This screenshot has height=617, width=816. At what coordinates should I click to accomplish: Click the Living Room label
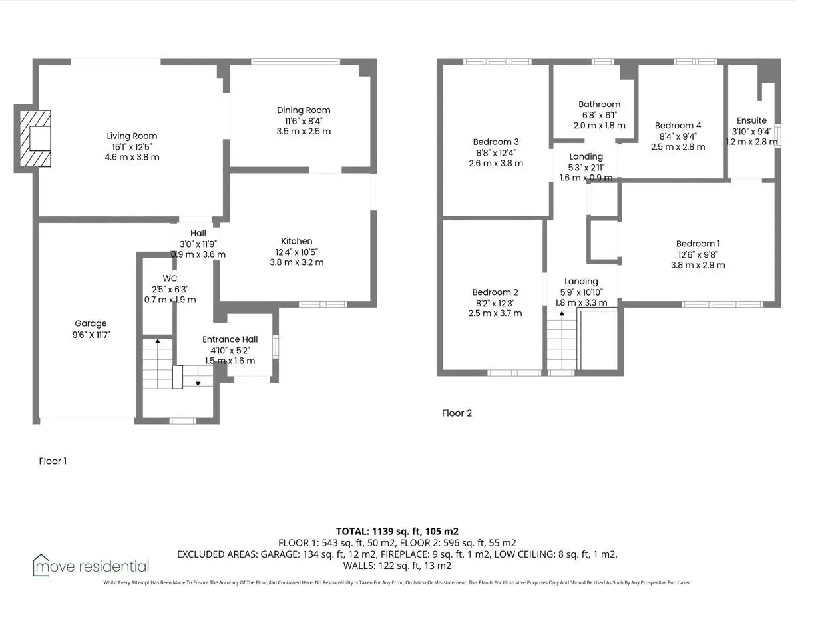132,136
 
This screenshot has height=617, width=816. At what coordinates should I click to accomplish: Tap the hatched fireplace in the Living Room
35,138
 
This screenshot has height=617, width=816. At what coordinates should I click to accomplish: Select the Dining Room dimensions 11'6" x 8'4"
304,121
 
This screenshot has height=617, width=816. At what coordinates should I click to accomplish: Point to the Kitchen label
296,241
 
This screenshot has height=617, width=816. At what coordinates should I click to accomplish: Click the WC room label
170,278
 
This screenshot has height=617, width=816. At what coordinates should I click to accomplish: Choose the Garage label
91,323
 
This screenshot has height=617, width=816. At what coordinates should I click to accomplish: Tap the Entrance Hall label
230,339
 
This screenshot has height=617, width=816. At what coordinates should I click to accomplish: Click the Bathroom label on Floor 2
599,104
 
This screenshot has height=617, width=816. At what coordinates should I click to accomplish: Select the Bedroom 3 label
496,142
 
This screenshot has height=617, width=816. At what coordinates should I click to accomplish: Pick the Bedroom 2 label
495,292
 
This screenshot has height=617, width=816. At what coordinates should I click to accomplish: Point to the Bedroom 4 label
678,126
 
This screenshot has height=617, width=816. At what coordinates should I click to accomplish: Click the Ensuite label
751,120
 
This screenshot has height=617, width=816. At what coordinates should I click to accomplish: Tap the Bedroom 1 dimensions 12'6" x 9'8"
698,255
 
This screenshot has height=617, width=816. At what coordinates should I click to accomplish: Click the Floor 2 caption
457,413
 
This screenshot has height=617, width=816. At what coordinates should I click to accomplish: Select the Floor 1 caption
53,461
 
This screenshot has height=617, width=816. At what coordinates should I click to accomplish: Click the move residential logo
91,566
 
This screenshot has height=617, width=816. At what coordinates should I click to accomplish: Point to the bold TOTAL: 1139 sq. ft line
397,532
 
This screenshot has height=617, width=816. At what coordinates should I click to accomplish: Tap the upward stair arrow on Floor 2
562,341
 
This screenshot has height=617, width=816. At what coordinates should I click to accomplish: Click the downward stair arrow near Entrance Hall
198,376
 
